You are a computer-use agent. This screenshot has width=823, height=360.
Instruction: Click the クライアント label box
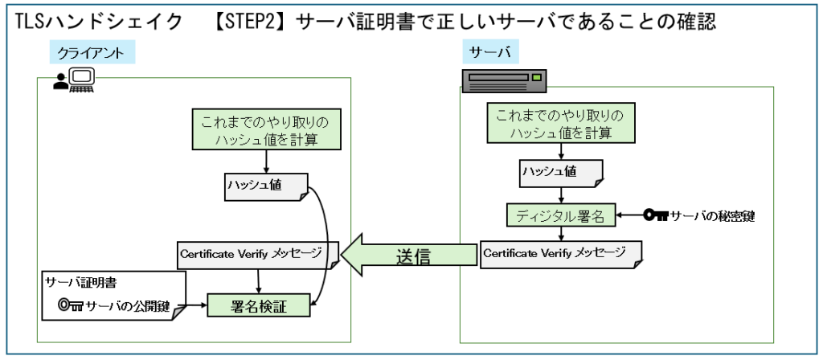(92, 52)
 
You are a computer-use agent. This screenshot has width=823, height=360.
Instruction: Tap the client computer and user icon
(74, 80)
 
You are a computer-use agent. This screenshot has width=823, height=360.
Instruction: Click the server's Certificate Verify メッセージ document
(560, 253)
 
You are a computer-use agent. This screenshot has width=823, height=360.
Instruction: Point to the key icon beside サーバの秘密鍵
(656, 215)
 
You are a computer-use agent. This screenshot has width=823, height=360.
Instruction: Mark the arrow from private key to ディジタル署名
(631, 215)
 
